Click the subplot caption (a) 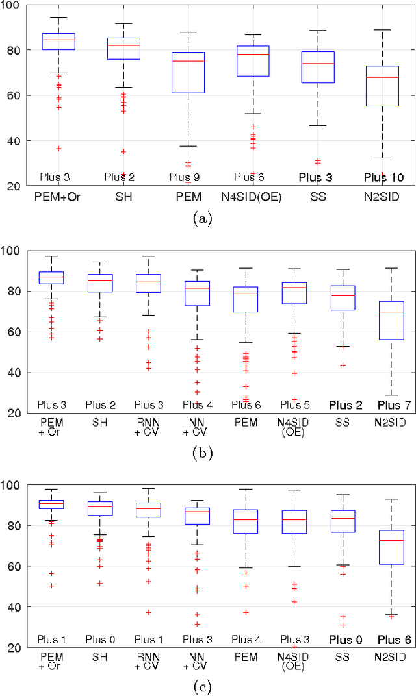[203, 219]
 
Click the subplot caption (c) [203, 686]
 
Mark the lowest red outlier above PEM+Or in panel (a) [58, 149]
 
